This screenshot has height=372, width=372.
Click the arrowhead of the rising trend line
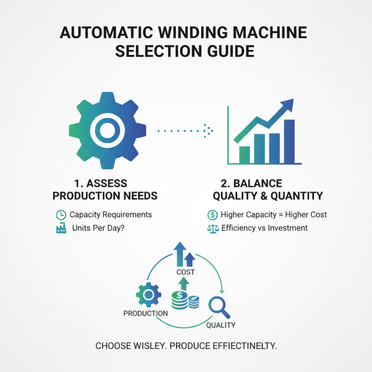tap(288, 105)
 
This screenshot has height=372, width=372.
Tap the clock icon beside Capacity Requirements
tap(60, 215)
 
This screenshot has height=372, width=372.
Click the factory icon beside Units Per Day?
tap(60, 228)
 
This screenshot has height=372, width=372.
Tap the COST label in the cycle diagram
tap(185, 272)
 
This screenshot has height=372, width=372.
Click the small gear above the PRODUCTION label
tap(148, 294)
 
